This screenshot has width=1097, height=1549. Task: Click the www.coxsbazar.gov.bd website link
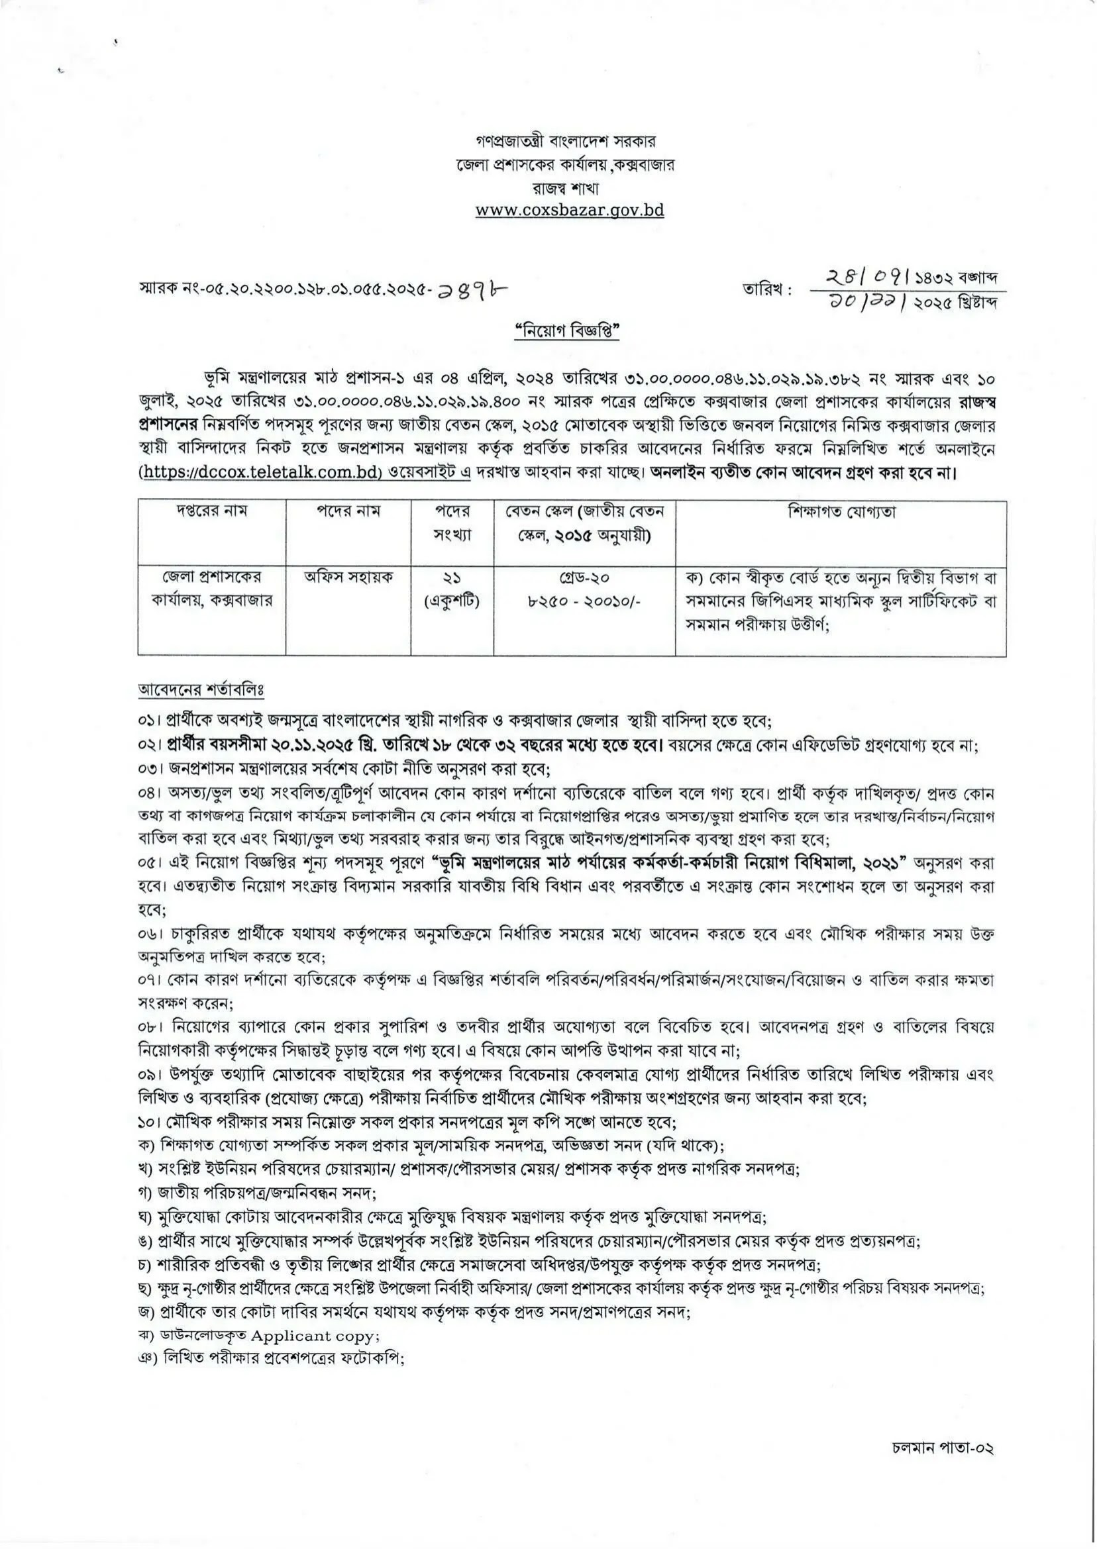[570, 210]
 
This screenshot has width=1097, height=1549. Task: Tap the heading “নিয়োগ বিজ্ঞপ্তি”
[567, 333]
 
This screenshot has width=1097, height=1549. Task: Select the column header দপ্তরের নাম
[211, 511]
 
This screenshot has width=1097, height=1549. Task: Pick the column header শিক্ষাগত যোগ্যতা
[841, 511]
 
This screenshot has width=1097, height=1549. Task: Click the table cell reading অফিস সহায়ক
[348, 578]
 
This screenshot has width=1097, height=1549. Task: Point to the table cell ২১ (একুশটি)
[451, 589]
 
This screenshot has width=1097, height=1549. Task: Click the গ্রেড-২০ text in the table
[584, 579]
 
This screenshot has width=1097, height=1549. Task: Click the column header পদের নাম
[348, 511]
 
